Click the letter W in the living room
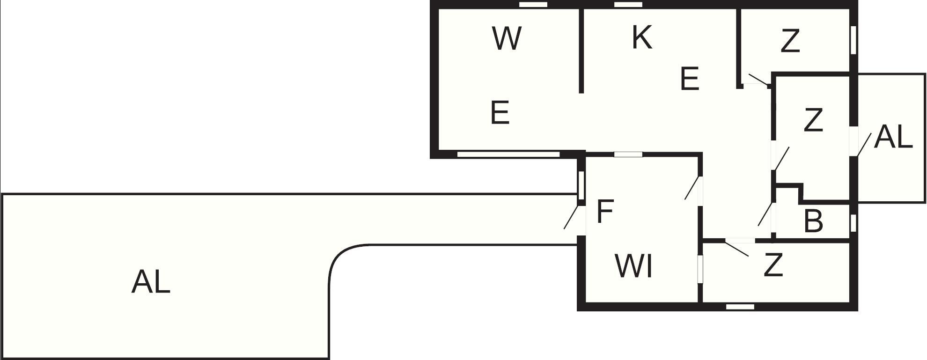click(507, 39)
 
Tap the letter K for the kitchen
click(641, 37)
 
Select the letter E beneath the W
click(500, 113)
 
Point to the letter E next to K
click(690, 79)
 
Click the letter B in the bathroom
click(813, 221)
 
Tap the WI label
click(633, 266)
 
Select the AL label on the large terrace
click(151, 282)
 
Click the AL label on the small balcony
click(893, 138)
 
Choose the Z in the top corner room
click(790, 41)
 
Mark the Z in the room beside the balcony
click(813, 120)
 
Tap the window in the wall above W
click(534, 5)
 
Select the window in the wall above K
click(628, 5)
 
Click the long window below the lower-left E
click(508, 154)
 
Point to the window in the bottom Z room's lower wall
click(740, 307)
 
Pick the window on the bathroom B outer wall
click(853, 223)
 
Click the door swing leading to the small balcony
click(864, 145)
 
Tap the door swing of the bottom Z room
click(737, 249)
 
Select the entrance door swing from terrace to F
click(571, 217)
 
